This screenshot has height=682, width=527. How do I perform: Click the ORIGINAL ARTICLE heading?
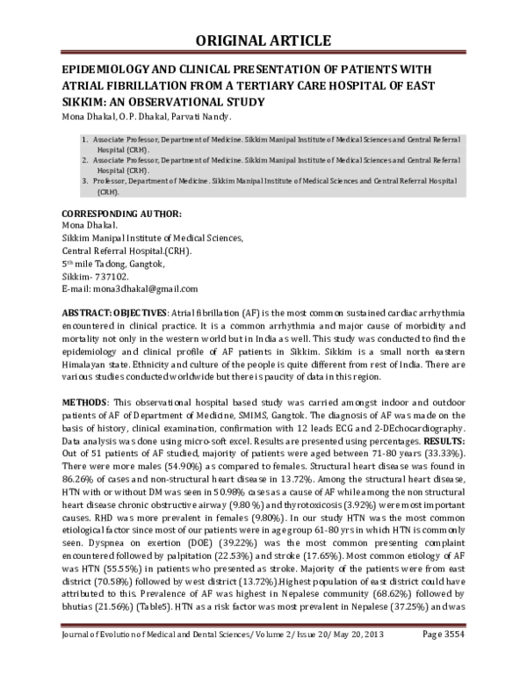263,40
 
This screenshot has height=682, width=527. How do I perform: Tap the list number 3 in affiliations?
83,179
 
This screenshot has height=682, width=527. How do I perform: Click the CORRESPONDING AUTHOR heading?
120,215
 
